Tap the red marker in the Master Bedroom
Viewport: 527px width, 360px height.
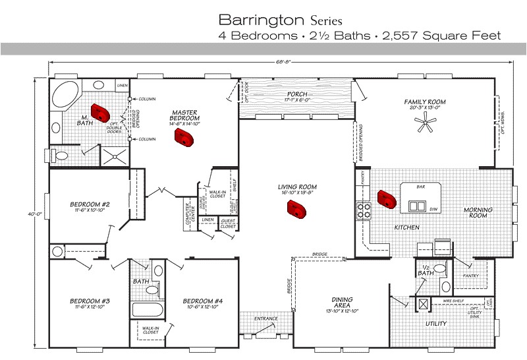pos(182,137)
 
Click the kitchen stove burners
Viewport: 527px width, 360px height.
pos(364,210)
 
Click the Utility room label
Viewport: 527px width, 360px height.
pos(435,324)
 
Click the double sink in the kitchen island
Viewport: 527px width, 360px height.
pos(417,206)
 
